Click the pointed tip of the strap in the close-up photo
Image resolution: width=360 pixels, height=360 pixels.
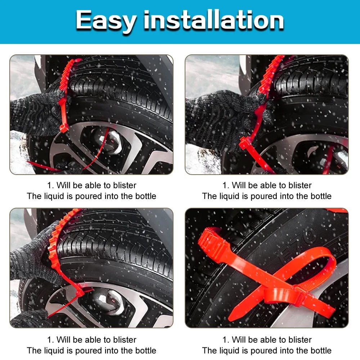coord(230,320)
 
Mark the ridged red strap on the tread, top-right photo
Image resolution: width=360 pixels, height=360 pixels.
coord(270,76)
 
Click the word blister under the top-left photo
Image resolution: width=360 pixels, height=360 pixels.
coord(125,185)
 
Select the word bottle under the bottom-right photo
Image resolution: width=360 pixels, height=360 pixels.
coord(321,351)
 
